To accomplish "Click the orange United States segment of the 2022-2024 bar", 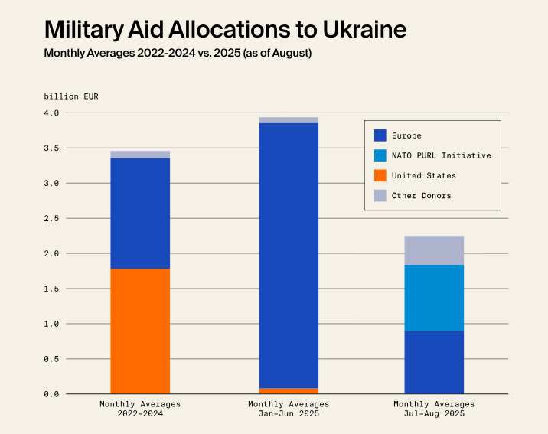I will [140, 331].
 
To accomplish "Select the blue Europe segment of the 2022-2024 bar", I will [140, 213].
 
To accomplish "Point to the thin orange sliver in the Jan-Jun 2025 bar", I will [289, 391].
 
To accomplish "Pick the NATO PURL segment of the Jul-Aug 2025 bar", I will [433, 298].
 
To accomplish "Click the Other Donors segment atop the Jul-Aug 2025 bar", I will [433, 250].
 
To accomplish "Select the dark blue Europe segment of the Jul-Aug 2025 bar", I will [433, 362].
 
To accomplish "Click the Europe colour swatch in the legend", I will [380, 135].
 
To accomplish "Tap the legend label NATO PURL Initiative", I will [441, 155].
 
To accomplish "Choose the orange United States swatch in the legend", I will [380, 175].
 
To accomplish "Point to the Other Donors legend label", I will [421, 195].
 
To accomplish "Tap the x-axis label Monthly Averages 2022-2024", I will [140, 409].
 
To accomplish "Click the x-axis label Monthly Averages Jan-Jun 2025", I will [289, 409].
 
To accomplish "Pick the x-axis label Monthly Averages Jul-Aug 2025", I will [434, 409].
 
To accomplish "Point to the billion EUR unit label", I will [71, 96].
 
